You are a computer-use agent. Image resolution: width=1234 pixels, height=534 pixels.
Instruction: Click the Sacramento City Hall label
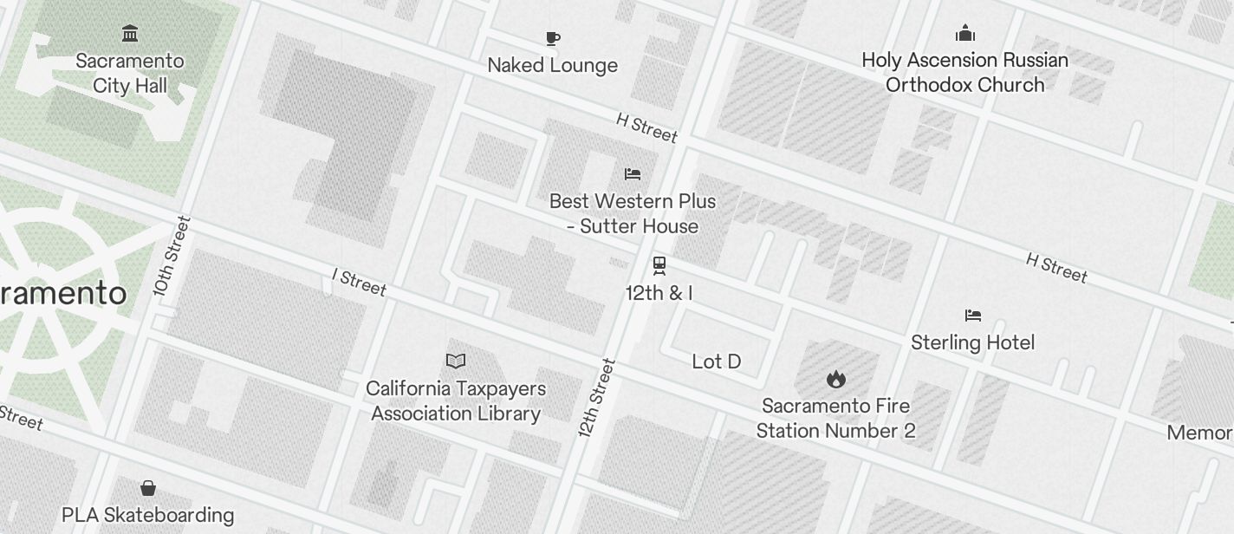point(130,73)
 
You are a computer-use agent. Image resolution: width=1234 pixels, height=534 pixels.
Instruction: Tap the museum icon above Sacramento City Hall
point(130,34)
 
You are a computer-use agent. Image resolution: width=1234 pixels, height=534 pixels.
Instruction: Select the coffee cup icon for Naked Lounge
point(553,38)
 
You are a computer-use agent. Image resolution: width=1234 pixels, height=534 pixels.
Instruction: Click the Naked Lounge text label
point(553,65)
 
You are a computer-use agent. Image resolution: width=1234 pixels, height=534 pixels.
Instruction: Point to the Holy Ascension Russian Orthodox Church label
point(964,72)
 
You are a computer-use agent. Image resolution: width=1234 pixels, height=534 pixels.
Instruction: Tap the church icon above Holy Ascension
point(964,34)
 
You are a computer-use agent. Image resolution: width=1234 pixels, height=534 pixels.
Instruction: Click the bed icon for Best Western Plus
point(633,174)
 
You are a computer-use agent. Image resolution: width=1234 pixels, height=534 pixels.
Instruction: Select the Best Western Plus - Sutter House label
point(633,213)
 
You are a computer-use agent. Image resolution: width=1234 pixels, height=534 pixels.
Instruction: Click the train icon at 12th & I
point(659,264)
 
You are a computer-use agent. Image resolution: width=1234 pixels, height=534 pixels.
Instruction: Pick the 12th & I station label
point(659,293)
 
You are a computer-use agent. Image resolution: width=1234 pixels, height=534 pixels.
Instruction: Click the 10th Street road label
point(171,256)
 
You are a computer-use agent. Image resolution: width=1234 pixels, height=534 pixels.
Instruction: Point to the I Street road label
point(359,282)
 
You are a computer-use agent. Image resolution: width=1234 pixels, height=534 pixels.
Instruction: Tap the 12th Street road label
point(597,398)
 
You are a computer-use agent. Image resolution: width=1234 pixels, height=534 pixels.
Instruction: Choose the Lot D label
point(717,361)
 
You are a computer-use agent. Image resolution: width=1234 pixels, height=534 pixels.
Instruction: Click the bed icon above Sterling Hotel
point(972,315)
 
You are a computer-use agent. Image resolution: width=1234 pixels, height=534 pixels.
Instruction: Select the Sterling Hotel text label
point(972,342)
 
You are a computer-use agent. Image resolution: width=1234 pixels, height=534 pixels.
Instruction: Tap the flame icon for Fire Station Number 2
point(835,379)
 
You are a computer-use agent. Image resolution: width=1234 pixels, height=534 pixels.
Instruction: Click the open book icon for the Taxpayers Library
point(456,361)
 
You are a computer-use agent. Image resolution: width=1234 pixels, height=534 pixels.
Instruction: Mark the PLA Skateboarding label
point(147,515)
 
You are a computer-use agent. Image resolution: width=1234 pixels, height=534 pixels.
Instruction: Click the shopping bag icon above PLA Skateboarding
point(148,488)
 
